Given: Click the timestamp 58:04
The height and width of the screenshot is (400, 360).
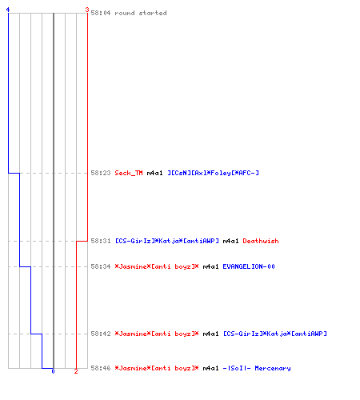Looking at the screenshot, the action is pyautogui.click(x=101, y=13).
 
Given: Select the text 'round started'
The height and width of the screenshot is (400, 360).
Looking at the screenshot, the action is pyautogui.click(x=141, y=13).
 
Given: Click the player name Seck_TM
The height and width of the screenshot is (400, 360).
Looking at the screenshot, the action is pyautogui.click(x=129, y=173).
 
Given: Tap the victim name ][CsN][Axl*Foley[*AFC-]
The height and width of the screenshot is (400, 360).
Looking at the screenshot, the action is pyautogui.click(x=213, y=173).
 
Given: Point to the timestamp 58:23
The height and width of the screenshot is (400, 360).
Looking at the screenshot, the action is pyautogui.click(x=101, y=173).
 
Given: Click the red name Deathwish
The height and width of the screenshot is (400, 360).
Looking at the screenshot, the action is pyautogui.click(x=261, y=241).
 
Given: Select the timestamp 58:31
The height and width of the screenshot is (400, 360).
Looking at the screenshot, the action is pyautogui.click(x=101, y=241).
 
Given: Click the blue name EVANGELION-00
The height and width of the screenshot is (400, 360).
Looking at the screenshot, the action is pyautogui.click(x=249, y=266).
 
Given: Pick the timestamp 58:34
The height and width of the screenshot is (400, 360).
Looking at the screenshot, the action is pyautogui.click(x=101, y=266).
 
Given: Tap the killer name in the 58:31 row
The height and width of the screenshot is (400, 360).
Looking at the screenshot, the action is pyautogui.click(x=167, y=241).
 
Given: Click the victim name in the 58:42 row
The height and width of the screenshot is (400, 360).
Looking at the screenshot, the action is pyautogui.click(x=275, y=334).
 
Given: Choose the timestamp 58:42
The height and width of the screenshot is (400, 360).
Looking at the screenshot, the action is pyautogui.click(x=101, y=334).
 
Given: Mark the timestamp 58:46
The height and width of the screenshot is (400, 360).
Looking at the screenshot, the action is pyautogui.click(x=101, y=368).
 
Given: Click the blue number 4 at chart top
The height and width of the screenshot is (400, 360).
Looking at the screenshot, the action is pyautogui.click(x=8, y=10).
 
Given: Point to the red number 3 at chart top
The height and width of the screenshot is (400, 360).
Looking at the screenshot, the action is pyautogui.click(x=87, y=10).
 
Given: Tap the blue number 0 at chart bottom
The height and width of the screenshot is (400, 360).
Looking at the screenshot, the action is pyautogui.click(x=53, y=371).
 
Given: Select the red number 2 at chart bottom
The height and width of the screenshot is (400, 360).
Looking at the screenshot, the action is pyautogui.click(x=76, y=371).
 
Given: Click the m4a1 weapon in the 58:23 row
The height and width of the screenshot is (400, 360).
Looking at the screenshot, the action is pyautogui.click(x=154, y=173).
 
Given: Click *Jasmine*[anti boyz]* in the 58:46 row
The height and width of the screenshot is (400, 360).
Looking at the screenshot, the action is pyautogui.click(x=157, y=368).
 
